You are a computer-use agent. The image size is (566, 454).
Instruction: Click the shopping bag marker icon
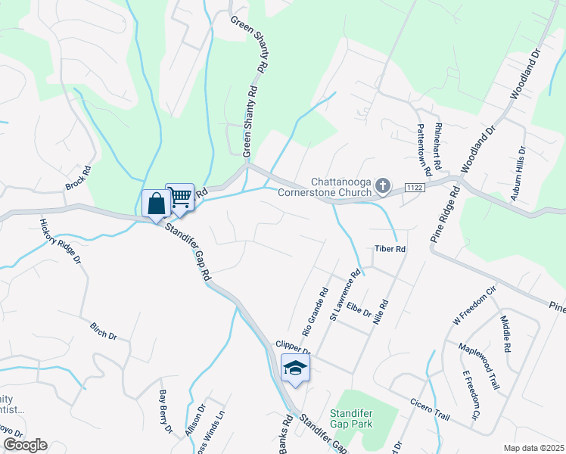(x=156, y=203)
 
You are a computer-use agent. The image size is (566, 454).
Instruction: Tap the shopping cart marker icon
(x=180, y=197)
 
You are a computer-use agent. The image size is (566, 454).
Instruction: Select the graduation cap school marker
(x=295, y=368)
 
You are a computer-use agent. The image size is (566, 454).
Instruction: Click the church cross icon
(x=384, y=185)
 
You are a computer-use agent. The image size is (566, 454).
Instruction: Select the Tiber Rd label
(x=390, y=248)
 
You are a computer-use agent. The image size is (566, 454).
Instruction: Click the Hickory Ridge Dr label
(x=60, y=240)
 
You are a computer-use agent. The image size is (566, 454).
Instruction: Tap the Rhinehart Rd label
(x=437, y=147)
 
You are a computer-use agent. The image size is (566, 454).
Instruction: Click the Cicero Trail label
(x=431, y=410)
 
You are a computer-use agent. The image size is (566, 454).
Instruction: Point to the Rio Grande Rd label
(x=316, y=311)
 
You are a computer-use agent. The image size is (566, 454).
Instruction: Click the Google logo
(x=24, y=445)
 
